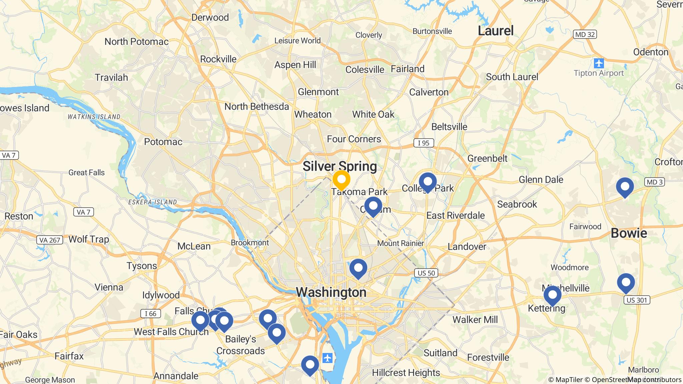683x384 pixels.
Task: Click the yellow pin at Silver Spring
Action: [x=341, y=180]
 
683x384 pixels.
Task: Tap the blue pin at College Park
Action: [x=428, y=182]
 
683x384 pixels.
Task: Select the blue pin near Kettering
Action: [x=552, y=295]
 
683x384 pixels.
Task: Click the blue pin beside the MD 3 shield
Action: [x=625, y=187]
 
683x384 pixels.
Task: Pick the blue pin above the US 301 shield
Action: [x=626, y=283]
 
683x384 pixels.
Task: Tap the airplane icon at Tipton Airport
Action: [x=599, y=63]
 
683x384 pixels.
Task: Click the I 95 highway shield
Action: [x=424, y=143]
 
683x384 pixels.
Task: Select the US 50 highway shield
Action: [x=426, y=273]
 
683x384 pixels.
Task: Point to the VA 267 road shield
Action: [x=50, y=240]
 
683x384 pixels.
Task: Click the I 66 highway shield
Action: [x=150, y=314]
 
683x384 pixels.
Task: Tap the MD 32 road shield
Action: [x=585, y=34]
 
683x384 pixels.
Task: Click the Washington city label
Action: [x=331, y=292]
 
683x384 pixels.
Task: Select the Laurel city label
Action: [x=496, y=31]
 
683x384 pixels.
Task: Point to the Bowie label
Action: [x=629, y=233]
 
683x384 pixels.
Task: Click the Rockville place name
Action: [x=218, y=59]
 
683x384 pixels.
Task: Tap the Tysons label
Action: [x=142, y=266]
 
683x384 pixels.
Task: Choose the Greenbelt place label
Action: [x=487, y=158]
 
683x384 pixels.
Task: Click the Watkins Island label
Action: [x=94, y=117]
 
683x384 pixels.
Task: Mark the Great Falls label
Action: [x=86, y=173]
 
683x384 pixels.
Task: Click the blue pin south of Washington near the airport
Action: [x=310, y=365]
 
